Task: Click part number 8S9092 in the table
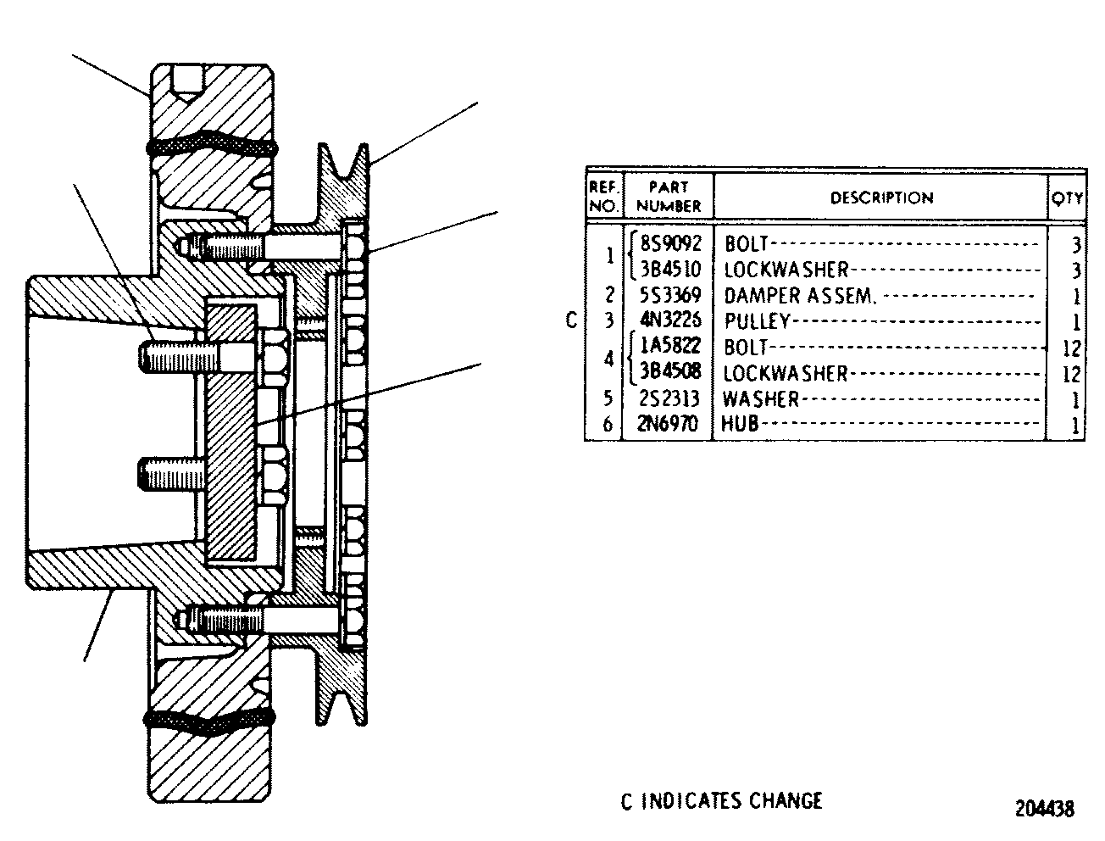(x=670, y=244)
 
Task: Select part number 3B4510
(x=670, y=270)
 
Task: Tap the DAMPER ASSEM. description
(x=800, y=296)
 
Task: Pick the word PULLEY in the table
(x=757, y=321)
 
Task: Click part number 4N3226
(x=670, y=320)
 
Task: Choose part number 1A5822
(x=670, y=345)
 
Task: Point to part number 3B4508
(x=670, y=371)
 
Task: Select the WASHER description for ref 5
(x=761, y=399)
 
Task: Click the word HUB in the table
(x=740, y=424)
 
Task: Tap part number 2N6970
(x=668, y=424)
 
